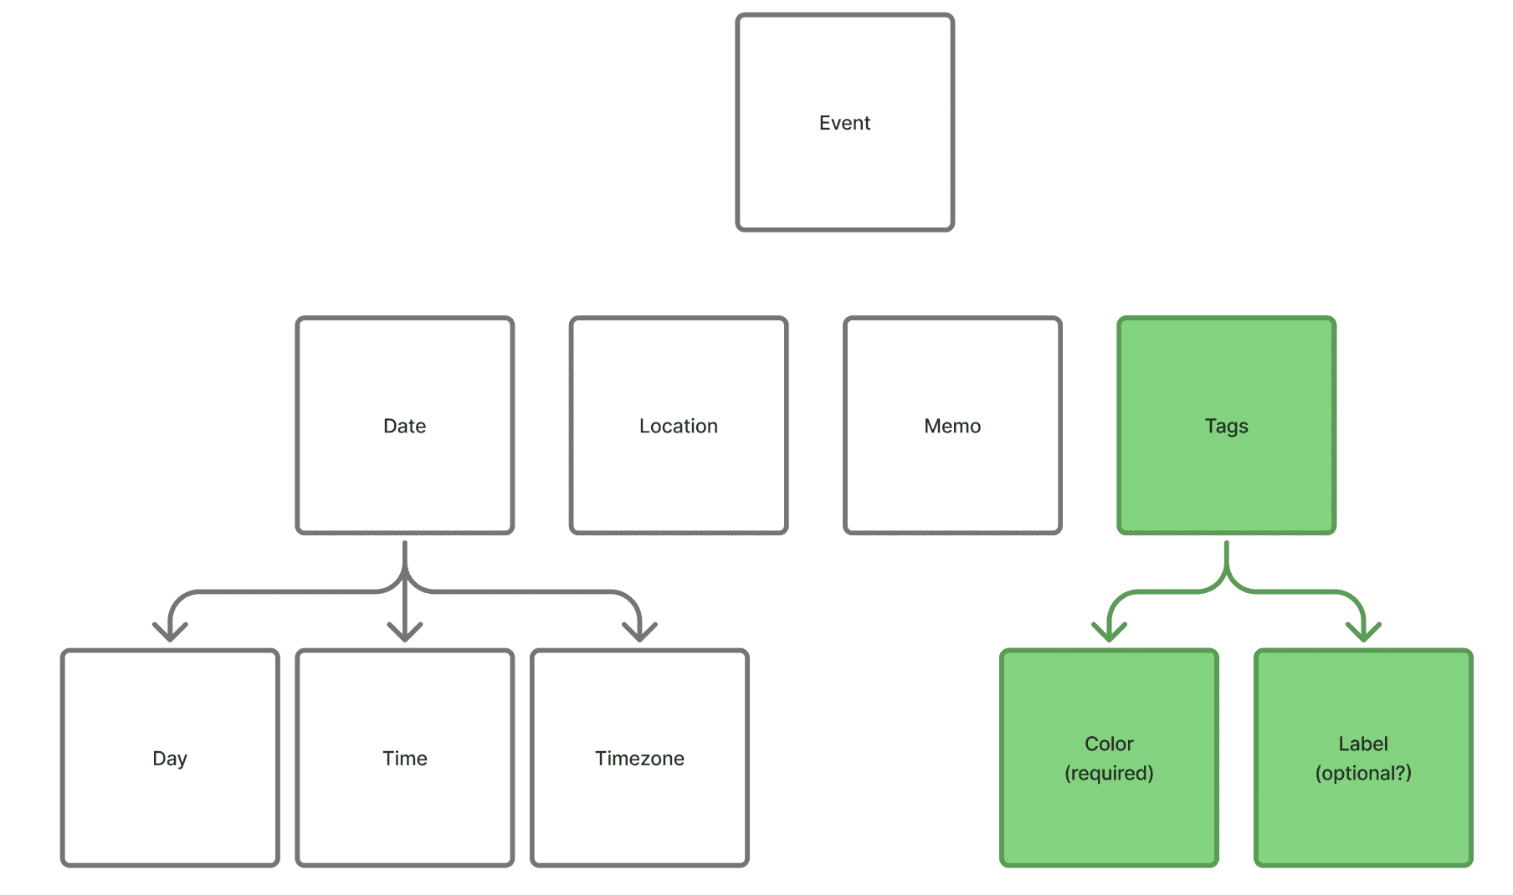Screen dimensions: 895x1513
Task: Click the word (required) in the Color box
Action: point(1109,773)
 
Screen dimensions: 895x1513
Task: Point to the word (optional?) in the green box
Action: point(1363,773)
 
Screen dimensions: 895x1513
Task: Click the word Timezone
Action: point(639,759)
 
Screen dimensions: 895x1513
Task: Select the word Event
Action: point(844,123)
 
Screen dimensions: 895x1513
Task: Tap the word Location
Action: point(678,426)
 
